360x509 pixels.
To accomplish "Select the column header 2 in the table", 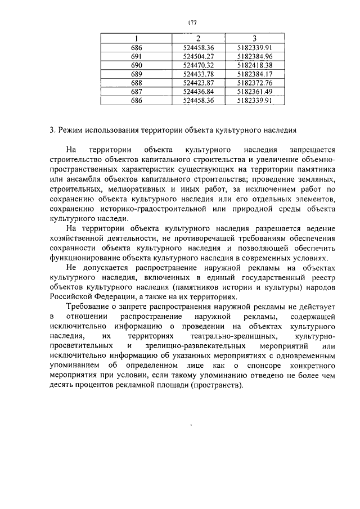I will click(x=199, y=38).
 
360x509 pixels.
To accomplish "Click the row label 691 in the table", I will click(x=136, y=56).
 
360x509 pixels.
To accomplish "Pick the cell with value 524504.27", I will click(x=199, y=56).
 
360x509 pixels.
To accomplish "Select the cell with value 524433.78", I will click(x=199, y=74).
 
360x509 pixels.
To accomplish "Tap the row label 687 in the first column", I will click(x=136, y=92).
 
